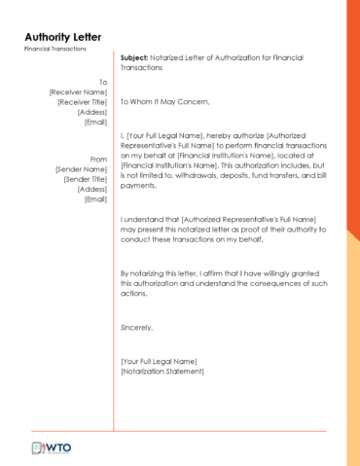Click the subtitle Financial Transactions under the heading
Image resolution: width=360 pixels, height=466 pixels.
point(55,49)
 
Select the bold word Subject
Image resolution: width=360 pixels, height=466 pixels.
point(134,57)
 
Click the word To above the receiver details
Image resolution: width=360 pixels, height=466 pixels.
point(103,82)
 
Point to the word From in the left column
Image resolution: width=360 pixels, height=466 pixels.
point(98,159)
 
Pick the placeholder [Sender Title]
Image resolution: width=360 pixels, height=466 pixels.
point(85,179)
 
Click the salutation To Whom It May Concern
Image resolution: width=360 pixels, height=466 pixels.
point(163,101)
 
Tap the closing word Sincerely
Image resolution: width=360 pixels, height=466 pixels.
point(137,328)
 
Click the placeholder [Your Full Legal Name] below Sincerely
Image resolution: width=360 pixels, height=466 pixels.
point(159,362)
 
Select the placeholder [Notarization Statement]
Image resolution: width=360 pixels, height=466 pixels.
point(162,372)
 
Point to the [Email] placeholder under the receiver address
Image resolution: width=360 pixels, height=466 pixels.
point(95,122)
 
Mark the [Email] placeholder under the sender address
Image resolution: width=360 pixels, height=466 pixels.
point(95,199)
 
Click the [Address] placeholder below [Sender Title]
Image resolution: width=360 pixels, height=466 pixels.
point(92,189)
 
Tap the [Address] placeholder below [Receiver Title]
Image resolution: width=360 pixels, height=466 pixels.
point(92,112)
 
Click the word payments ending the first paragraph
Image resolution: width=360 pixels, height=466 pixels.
point(137,185)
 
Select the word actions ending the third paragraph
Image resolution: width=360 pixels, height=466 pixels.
point(133,294)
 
